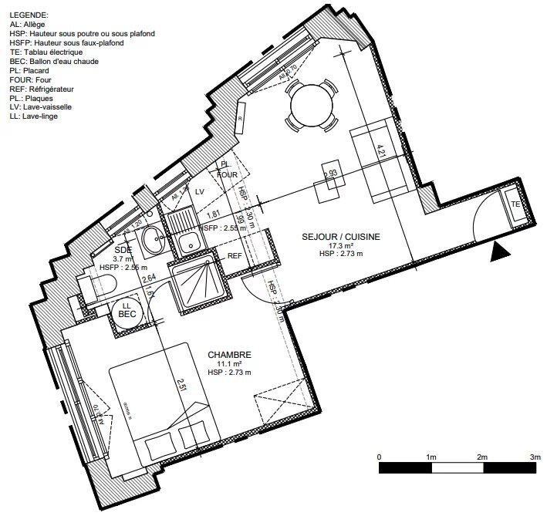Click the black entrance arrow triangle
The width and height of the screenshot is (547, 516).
500,251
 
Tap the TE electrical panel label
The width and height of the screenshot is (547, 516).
515,204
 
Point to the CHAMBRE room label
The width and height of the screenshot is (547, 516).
230,355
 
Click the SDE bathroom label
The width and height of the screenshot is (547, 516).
122,250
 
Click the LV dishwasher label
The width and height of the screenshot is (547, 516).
199,191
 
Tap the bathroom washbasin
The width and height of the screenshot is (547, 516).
151,238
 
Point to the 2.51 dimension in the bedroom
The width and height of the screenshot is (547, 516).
180,384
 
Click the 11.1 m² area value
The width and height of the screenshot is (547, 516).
230,363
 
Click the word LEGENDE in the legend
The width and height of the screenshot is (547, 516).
29,15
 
